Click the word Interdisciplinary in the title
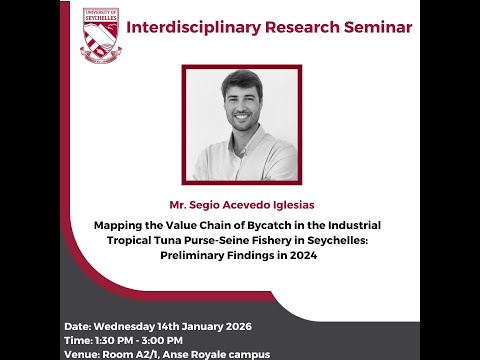click(188, 26)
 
